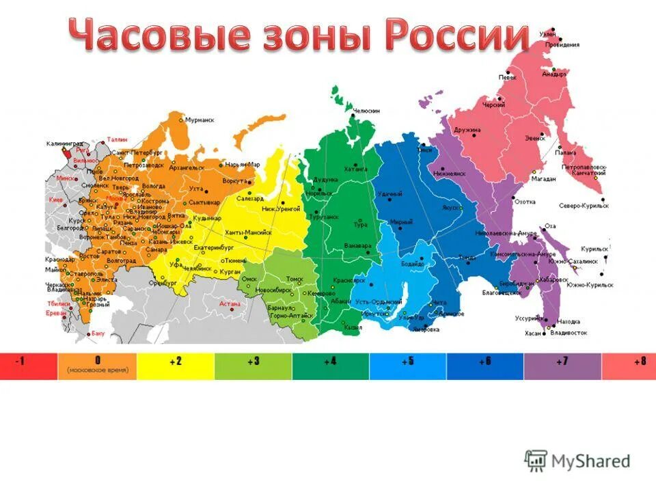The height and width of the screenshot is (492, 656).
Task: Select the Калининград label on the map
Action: tap(65, 143)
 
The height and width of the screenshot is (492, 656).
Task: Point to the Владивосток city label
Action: tap(569, 333)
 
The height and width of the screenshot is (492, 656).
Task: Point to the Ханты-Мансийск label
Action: tap(247, 232)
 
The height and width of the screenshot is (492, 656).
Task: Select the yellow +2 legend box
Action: tap(176, 366)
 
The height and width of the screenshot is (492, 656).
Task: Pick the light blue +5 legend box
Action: tap(408, 366)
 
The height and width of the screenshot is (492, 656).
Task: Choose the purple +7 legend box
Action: tap(562, 366)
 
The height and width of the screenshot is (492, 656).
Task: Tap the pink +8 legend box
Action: tap(629, 366)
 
